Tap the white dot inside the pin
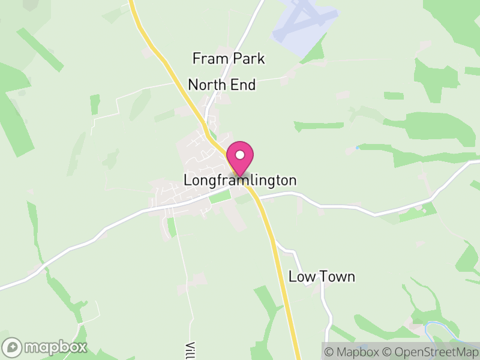tap(240, 155)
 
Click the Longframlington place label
tap(240, 180)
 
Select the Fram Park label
tap(228, 59)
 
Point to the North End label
tap(222, 85)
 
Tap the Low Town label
tap(322, 277)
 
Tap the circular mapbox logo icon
tap(13, 347)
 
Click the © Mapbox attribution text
tap(355, 351)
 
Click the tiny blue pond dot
tap(358, 147)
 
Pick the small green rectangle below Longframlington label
tap(219, 196)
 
